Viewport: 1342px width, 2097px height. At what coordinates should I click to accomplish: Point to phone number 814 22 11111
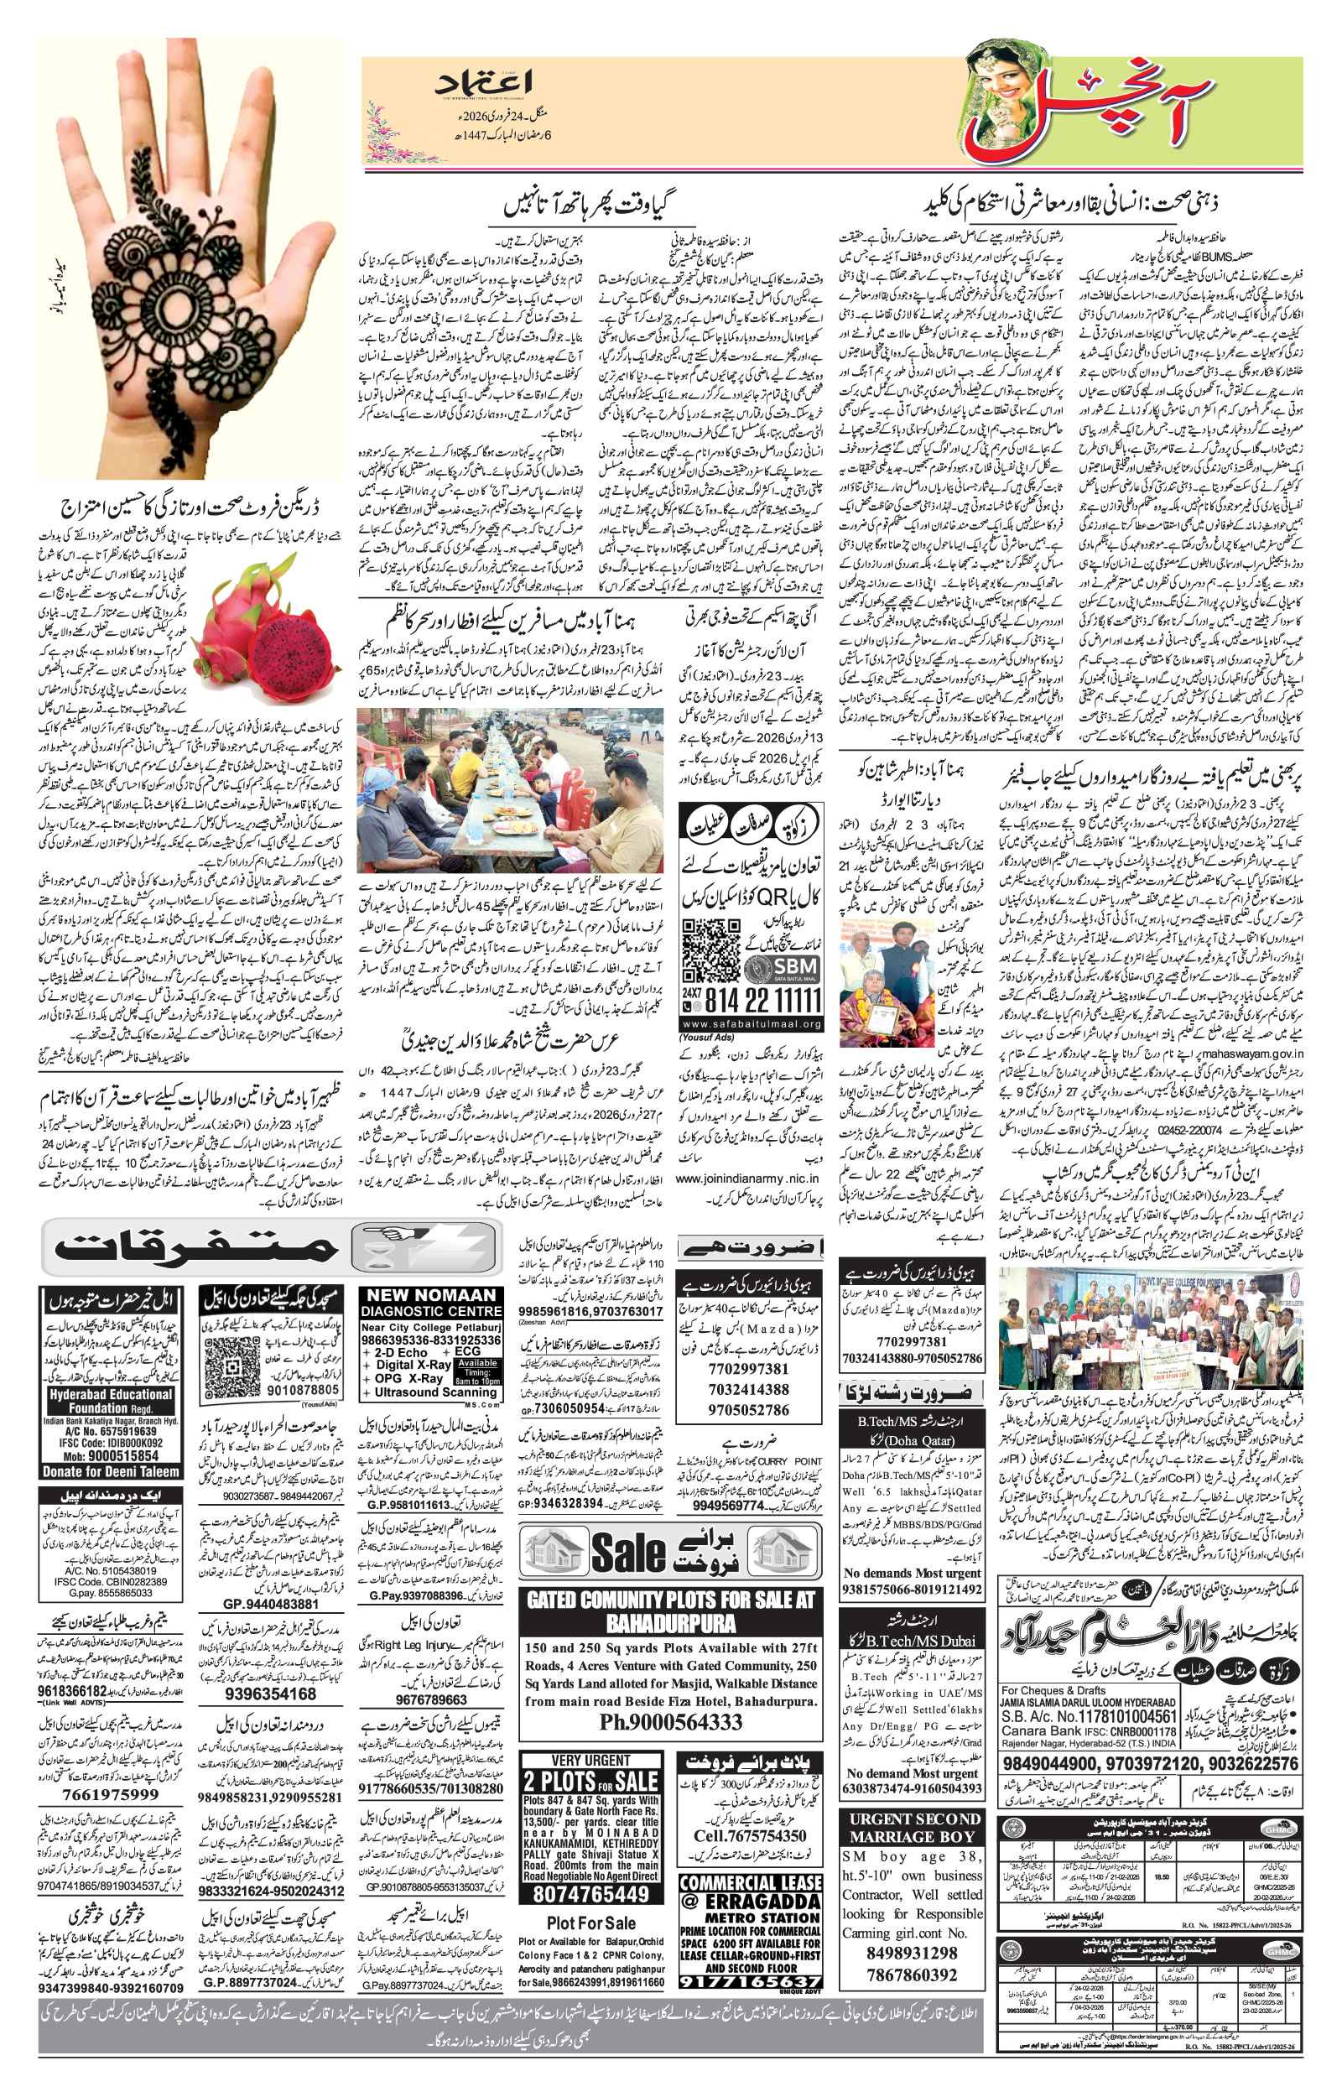(763, 1001)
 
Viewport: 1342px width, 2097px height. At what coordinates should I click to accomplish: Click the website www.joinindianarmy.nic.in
(746, 1178)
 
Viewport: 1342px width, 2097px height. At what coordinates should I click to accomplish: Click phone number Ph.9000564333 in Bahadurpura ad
(670, 1722)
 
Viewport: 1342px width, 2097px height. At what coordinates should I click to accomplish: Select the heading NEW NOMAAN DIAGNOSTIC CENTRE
(431, 1303)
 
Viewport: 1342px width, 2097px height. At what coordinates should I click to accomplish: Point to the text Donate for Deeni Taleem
(111, 1471)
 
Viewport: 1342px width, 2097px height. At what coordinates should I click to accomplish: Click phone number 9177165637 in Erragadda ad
(750, 1979)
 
